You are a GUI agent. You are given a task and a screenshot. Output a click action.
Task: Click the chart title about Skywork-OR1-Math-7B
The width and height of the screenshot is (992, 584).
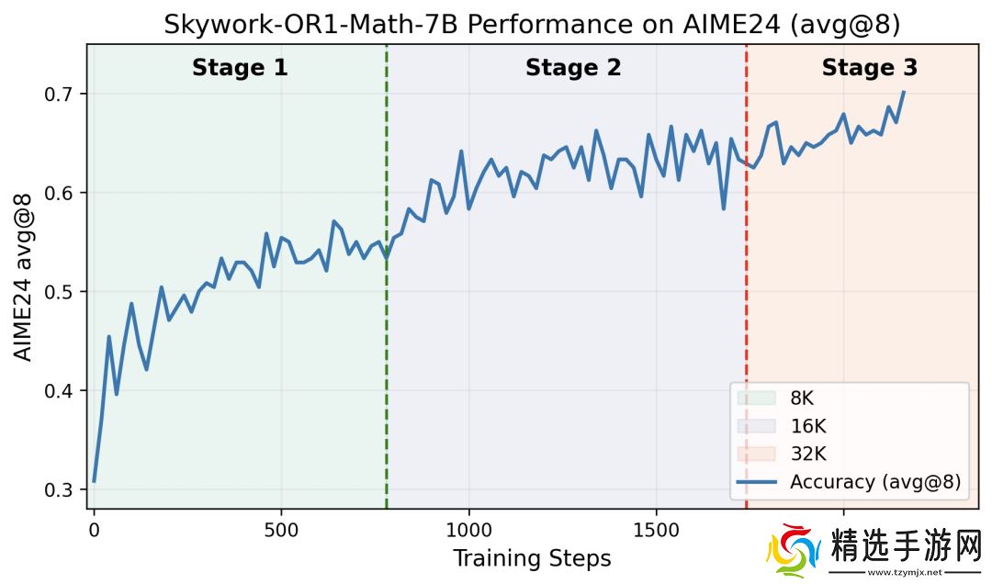click(x=532, y=25)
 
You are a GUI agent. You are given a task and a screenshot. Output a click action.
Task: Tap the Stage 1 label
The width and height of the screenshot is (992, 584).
click(x=240, y=68)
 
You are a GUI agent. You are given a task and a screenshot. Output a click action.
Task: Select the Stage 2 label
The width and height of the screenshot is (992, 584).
click(x=573, y=68)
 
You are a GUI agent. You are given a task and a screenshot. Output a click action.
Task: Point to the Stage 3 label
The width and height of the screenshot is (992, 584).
click(x=869, y=68)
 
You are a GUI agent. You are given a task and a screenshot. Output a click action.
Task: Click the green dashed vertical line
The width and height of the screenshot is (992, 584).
click(x=387, y=275)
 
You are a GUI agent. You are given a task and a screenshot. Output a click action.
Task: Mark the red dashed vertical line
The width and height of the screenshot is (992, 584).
click(x=746, y=275)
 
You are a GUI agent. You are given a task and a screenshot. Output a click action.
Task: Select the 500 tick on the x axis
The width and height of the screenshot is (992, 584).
click(x=280, y=530)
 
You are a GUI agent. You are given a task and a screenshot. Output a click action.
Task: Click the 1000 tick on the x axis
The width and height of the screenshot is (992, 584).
click(x=468, y=530)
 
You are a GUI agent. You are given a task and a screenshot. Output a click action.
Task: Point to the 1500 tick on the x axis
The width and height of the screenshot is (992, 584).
click(x=656, y=530)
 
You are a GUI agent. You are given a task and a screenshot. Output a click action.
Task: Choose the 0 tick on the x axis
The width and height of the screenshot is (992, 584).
click(x=94, y=530)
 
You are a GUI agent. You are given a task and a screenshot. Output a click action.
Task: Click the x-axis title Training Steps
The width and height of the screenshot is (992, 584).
click(x=532, y=557)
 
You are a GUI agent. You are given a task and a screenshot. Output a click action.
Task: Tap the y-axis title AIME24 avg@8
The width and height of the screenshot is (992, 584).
click(x=24, y=276)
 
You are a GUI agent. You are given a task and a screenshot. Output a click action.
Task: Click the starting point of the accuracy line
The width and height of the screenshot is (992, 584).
click(x=94, y=481)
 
